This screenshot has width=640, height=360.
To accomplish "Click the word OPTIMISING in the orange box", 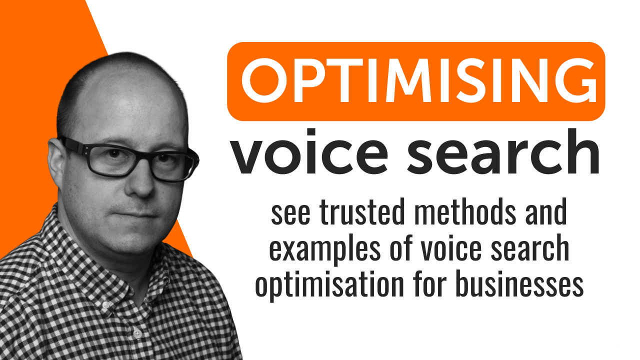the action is [419, 80].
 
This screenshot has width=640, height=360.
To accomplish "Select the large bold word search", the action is [503, 151].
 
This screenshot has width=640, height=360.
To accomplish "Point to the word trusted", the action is [362, 211].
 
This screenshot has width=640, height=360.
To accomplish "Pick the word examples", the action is [324, 249].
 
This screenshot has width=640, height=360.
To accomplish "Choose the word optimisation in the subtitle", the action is [329, 284].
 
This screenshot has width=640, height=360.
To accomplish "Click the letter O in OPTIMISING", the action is [264, 80].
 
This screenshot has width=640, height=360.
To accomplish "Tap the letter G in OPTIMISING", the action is [574, 80].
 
